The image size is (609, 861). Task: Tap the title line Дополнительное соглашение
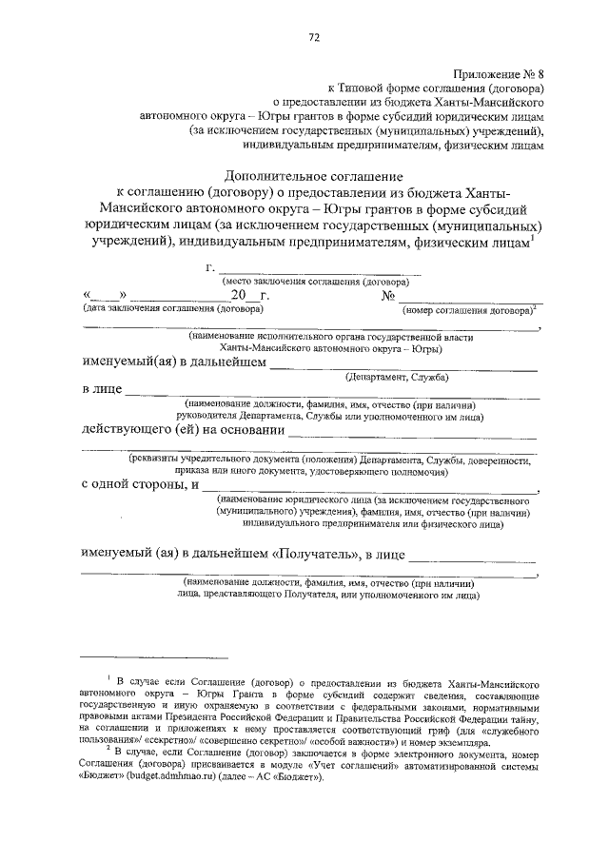tap(313, 177)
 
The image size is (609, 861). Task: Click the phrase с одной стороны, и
tap(140, 485)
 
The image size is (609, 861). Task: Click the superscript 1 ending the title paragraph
tap(533, 238)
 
